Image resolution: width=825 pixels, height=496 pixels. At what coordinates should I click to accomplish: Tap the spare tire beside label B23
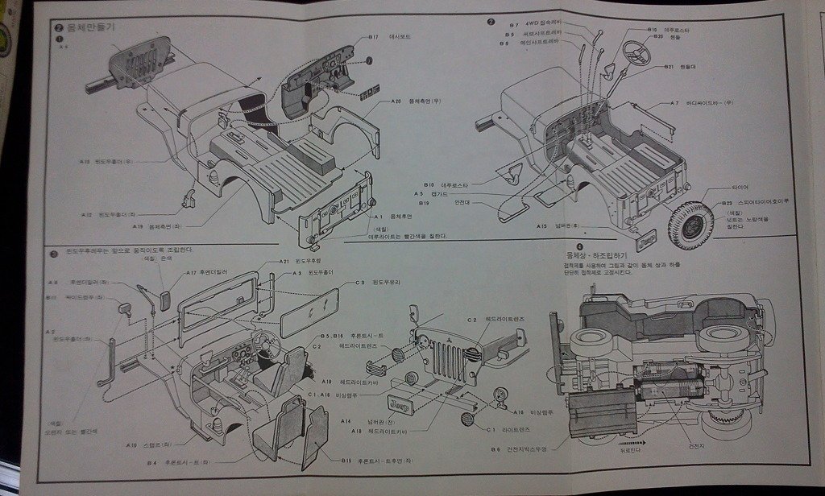pyautogui.click(x=690, y=225)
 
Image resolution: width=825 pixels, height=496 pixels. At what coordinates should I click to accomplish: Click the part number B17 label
pyautogui.click(x=373, y=37)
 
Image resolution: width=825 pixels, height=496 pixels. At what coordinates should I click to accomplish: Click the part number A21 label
pyautogui.click(x=284, y=262)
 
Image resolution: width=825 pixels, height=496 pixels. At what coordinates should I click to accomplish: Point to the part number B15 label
pyautogui.click(x=346, y=461)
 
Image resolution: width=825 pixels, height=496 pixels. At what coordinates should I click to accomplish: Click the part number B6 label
pyautogui.click(x=495, y=450)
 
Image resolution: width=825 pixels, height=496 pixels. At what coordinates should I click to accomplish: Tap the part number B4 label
pyautogui.click(x=151, y=463)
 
